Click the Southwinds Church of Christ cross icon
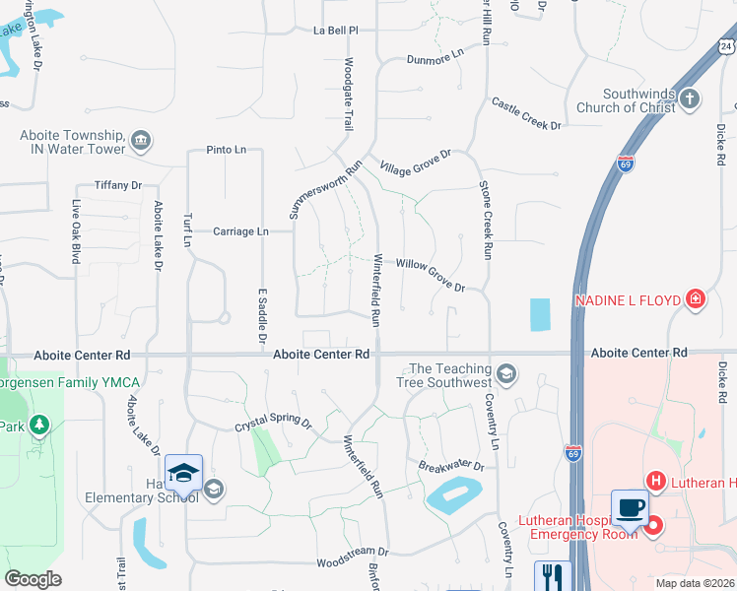click(x=690, y=98)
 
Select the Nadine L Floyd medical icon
click(x=696, y=298)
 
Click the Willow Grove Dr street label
click(x=431, y=275)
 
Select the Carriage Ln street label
click(x=241, y=231)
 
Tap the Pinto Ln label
click(x=227, y=150)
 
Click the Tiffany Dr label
click(x=118, y=185)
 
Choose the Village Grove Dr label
click(x=416, y=161)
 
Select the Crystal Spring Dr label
click(x=273, y=425)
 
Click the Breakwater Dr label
click(x=451, y=465)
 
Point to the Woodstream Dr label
click(x=353, y=558)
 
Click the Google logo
click(x=33, y=579)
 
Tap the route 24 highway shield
click(x=726, y=46)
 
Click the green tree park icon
click(x=38, y=425)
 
